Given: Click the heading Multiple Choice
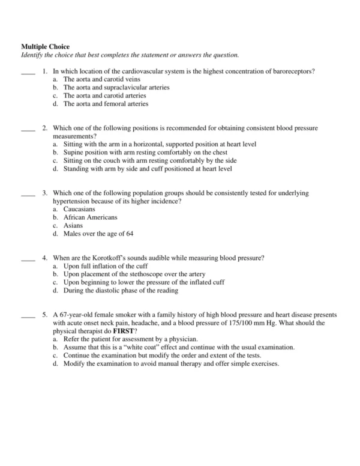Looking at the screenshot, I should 46,46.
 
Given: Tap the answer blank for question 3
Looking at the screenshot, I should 28,195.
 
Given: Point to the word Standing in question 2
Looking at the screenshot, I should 76,169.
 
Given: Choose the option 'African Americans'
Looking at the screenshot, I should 90,217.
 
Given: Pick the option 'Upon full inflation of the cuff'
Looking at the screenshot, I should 106,266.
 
